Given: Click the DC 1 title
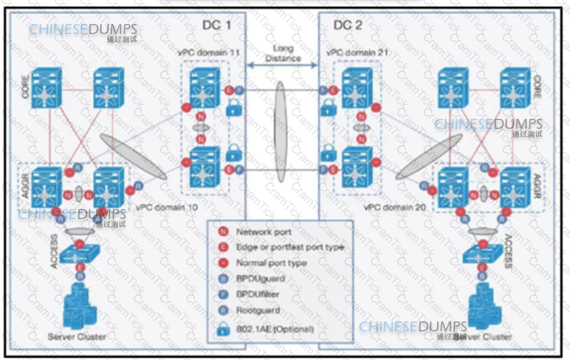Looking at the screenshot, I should pyautogui.click(x=217, y=25).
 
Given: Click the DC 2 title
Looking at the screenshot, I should pyautogui.click(x=348, y=25).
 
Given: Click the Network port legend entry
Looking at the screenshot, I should pyautogui.click(x=264, y=232).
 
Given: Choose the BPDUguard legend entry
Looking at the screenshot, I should pyautogui.click(x=260, y=279).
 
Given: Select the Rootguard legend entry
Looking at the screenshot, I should pyautogui.click(x=258, y=310).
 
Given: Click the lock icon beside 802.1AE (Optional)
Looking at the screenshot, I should pyautogui.click(x=223, y=328).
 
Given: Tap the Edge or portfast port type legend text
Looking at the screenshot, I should pyautogui.click(x=289, y=247).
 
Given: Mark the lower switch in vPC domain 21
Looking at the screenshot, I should pyautogui.click(x=357, y=164).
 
